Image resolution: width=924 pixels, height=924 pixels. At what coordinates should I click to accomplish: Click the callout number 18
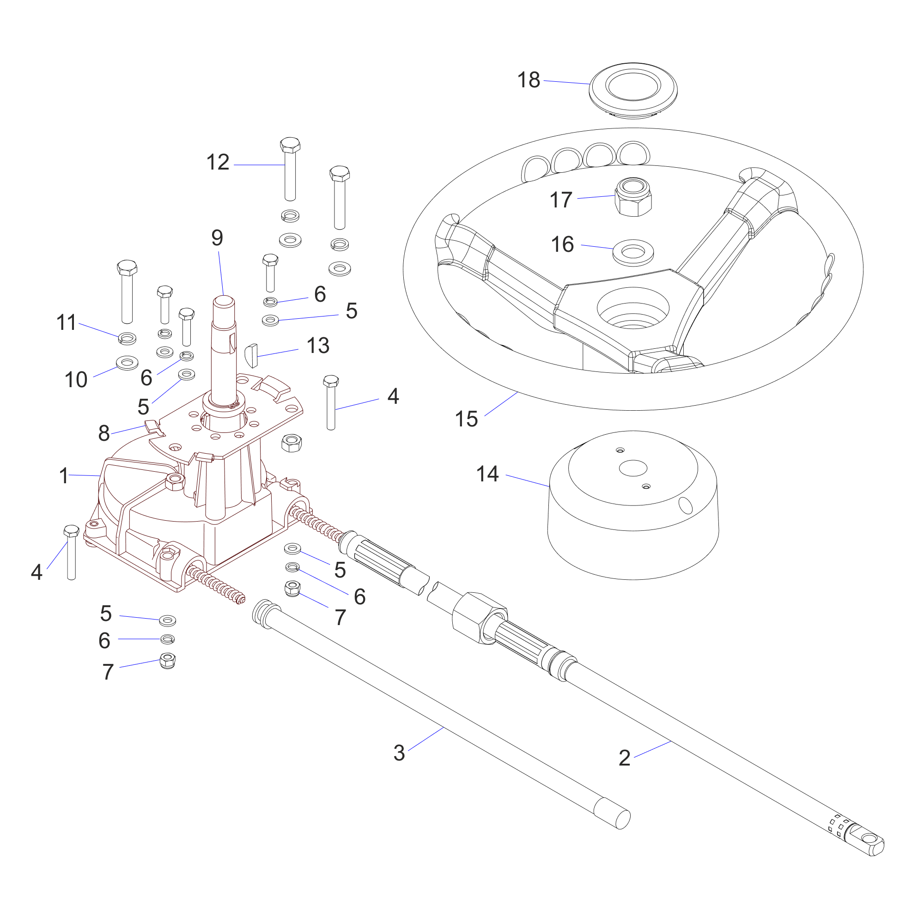(x=529, y=80)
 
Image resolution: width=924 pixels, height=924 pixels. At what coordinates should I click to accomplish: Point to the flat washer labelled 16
(x=633, y=252)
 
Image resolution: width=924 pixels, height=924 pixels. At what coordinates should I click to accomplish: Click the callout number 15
(x=466, y=419)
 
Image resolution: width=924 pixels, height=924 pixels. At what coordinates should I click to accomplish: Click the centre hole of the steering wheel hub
(x=633, y=309)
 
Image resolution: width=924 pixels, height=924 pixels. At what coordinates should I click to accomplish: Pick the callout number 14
(x=487, y=474)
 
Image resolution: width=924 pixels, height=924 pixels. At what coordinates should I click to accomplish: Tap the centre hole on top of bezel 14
(x=633, y=468)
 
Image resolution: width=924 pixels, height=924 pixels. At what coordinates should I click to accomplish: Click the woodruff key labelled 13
(x=251, y=355)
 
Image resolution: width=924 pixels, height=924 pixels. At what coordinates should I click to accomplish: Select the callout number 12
(x=218, y=162)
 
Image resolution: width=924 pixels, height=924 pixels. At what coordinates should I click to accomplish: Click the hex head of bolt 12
(x=290, y=145)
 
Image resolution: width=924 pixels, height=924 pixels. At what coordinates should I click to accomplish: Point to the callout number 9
(x=217, y=237)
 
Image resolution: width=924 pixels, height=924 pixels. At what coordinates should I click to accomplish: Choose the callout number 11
(x=66, y=322)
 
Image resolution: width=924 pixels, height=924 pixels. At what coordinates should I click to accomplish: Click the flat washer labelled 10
(x=127, y=363)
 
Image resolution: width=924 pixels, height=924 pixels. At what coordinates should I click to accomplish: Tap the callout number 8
(x=104, y=433)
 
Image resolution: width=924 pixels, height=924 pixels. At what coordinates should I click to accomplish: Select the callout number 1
(x=64, y=476)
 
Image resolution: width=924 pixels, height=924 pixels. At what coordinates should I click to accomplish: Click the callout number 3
(x=399, y=753)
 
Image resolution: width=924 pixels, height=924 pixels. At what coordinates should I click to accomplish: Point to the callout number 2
(x=624, y=758)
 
